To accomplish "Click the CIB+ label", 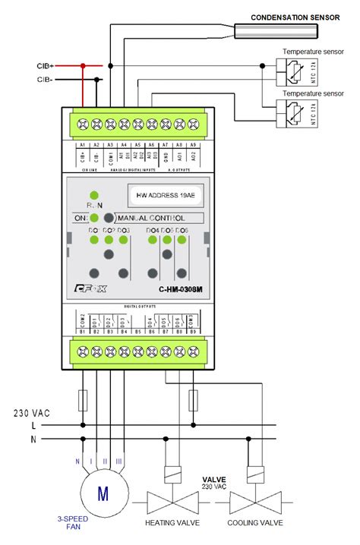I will [43, 66].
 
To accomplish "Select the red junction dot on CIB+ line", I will [82, 66].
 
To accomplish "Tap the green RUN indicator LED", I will [94, 195].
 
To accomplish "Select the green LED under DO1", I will [94, 240].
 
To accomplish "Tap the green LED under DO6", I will [182, 240].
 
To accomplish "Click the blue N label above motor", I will [77, 460].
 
